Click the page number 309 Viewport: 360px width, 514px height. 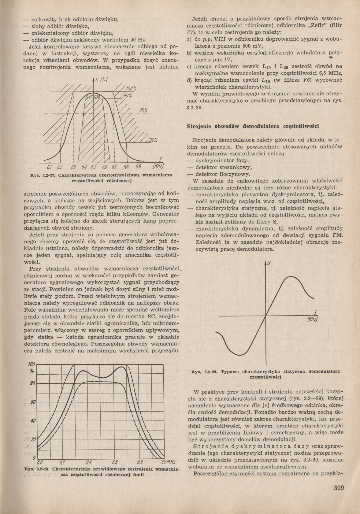coord(339,487)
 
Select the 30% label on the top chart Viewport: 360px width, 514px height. coord(153,140)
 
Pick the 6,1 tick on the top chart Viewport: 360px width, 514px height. coord(50,167)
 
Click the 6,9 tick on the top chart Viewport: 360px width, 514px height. coord(138,167)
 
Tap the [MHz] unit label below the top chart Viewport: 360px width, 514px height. coord(158,167)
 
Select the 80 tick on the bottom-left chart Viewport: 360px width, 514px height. coord(32,383)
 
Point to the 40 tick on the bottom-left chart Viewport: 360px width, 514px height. coord(33,421)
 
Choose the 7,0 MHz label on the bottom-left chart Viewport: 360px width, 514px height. coord(168,462)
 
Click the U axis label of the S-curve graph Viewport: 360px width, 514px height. coord(269,263)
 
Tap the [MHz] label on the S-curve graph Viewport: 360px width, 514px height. coord(312,319)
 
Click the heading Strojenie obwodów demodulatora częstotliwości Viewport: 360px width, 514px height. coord(253,126)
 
